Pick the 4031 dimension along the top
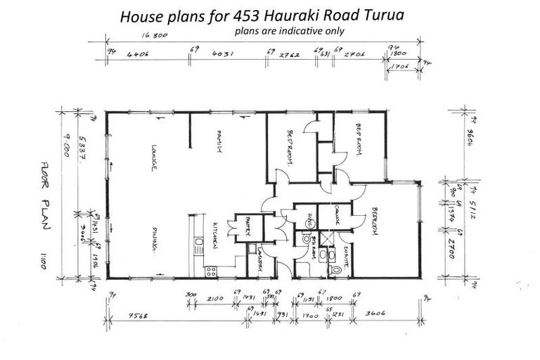tap(223, 51)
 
